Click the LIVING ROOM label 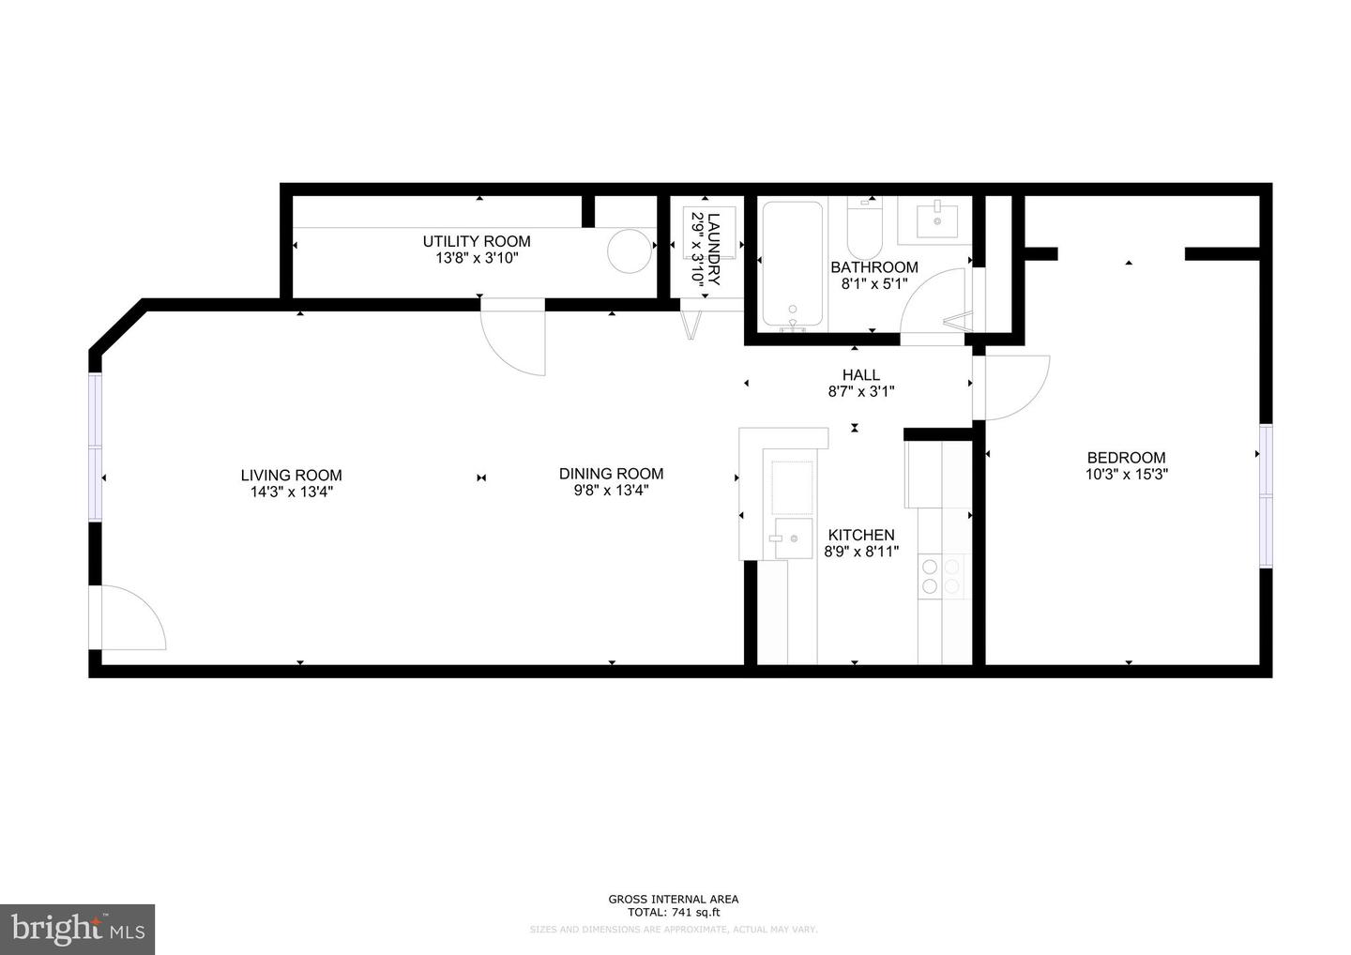(x=291, y=476)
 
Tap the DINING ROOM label (x=611, y=474)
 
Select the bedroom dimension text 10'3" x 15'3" (x=1126, y=475)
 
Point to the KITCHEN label (x=860, y=535)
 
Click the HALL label (x=860, y=375)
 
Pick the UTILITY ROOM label (x=476, y=241)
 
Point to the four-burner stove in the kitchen (x=941, y=576)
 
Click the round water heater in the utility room (x=629, y=251)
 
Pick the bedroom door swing (x=1013, y=387)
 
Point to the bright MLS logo (x=77, y=929)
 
